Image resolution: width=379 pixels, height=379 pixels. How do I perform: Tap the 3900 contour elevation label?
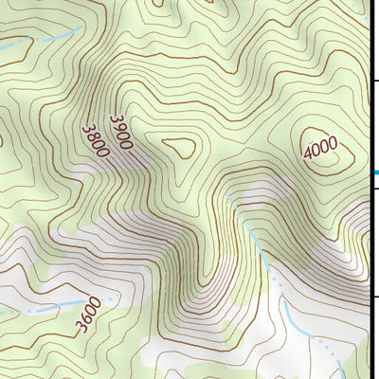(119, 131)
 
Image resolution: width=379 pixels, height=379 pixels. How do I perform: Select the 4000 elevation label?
(320, 149)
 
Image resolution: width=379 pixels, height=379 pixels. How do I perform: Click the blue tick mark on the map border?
(373, 172)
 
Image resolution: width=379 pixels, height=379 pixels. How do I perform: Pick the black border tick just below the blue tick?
(374, 189)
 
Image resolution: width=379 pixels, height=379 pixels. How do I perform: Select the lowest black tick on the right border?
(374, 297)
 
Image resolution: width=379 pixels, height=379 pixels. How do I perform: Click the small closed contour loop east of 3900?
(177, 148)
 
